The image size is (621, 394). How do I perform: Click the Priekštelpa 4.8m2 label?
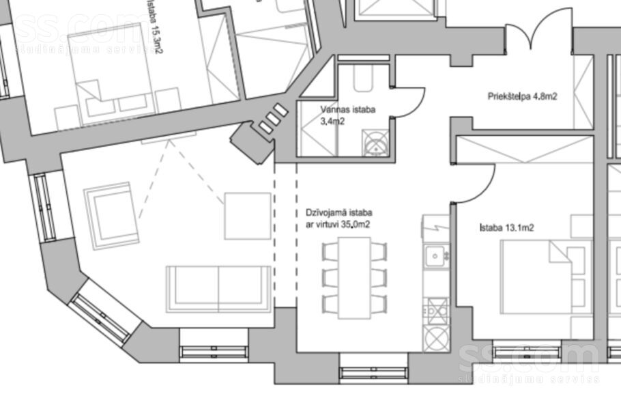tap(522, 96)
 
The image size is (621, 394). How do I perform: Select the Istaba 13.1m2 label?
tap(506, 227)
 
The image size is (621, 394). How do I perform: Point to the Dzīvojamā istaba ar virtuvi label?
tap(338, 219)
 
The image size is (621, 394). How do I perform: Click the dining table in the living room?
tap(354, 278)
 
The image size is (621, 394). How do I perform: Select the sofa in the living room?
tap(218, 289)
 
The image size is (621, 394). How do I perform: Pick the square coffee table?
tap(248, 216)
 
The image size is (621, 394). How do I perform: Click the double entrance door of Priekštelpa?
tap(538, 30)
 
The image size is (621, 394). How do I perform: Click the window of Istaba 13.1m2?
tap(526, 351)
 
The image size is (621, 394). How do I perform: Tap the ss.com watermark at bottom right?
tap(528, 362)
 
